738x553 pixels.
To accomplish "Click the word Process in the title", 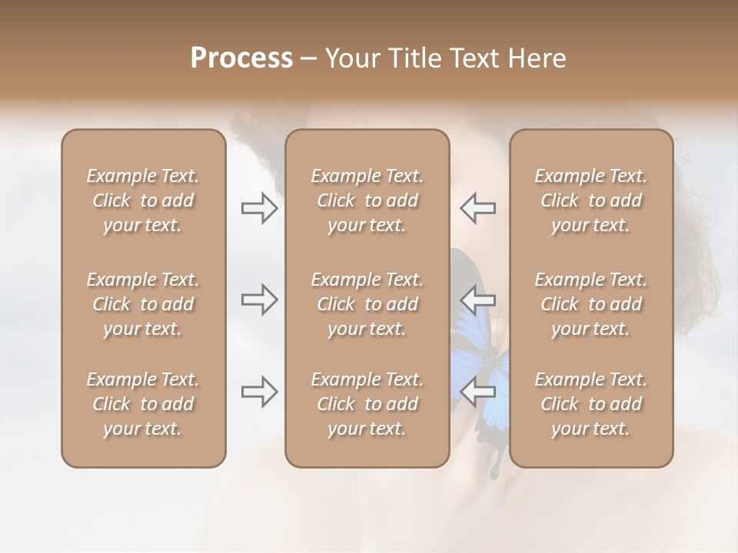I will pos(241,58).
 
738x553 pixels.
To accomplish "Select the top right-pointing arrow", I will pos(260,208).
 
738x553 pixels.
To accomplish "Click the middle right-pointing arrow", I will pos(260,300).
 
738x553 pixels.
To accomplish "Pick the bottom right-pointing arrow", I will pos(260,392).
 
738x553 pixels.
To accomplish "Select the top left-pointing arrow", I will pos(478,208).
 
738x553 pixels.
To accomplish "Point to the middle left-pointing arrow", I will pos(478,300).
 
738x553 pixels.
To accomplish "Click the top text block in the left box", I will pos(143,200).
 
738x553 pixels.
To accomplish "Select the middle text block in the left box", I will pos(143,304).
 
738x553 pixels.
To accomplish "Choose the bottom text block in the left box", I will pos(143,404).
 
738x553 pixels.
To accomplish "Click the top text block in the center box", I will pos(367,200).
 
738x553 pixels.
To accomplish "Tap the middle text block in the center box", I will pos(367,304).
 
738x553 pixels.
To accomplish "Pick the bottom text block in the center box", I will pos(367,404).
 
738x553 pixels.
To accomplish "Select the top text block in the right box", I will pos(591,200).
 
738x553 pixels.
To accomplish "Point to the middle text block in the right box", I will pos(591,304).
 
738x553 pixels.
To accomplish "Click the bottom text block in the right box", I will pos(591,404).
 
